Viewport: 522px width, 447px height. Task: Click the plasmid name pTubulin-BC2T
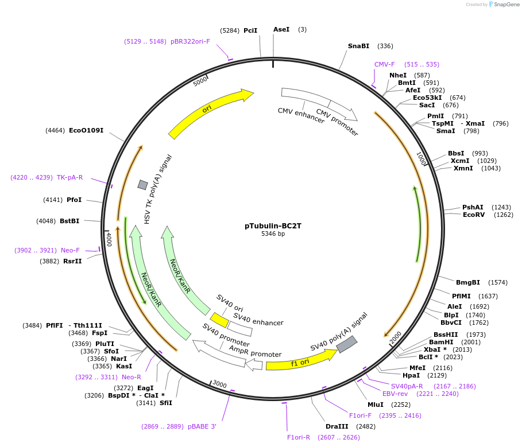point(273,226)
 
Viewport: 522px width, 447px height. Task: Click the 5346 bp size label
point(273,234)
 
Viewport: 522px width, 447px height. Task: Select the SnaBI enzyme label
point(359,46)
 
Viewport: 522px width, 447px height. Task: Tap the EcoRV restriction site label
point(474,215)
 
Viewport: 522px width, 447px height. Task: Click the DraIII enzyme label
point(337,426)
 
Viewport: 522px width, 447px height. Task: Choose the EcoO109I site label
point(86,131)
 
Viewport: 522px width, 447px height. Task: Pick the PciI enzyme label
point(250,30)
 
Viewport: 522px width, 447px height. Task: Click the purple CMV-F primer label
point(385,64)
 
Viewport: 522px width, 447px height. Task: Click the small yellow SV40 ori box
point(219,320)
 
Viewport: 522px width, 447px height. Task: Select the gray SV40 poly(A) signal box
point(347,344)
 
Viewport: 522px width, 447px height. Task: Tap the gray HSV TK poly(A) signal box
point(142,184)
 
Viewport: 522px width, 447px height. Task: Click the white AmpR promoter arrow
point(254,364)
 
